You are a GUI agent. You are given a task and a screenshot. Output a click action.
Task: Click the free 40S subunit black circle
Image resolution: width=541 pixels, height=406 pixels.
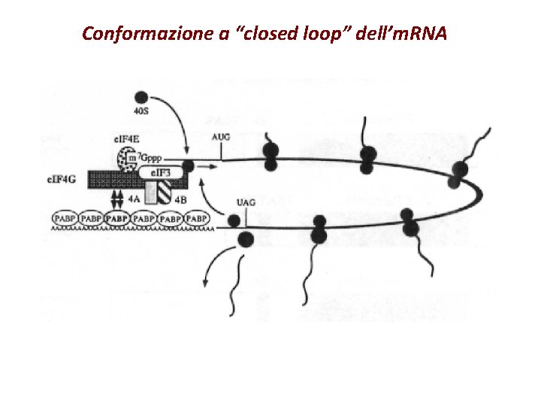pos(141,98)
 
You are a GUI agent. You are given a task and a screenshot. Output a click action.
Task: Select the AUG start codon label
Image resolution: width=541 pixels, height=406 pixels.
pos(222,137)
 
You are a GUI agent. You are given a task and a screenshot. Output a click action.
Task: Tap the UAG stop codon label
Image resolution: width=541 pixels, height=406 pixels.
pos(246,202)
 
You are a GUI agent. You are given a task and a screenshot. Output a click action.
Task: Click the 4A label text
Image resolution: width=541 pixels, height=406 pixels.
pos(134,200)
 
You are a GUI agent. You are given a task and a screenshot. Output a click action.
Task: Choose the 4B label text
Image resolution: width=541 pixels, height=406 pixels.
pos(180,200)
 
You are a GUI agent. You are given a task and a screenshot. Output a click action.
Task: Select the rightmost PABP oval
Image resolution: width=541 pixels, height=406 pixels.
pos(197,218)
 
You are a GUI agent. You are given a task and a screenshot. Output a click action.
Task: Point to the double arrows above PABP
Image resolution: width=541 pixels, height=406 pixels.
pos(116,198)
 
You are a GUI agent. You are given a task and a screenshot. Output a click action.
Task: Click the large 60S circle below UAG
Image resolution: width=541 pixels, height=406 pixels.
pos(246,240)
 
